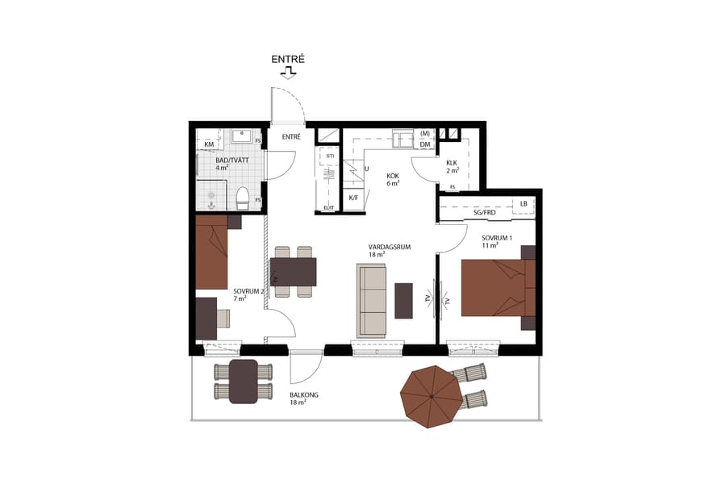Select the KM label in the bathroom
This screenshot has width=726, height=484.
tap(209, 144)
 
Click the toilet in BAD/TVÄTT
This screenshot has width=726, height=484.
tap(242, 196)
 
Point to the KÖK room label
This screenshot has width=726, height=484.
tap(393, 176)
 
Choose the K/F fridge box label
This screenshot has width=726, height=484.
tap(353, 197)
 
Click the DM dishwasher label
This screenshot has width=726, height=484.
tap(424, 144)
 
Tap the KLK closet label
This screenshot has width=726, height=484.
tap(453, 161)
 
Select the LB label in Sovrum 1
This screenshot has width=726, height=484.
tap(524, 204)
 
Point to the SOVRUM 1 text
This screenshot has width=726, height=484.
tap(497, 238)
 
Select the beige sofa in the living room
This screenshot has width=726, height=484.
tap(372, 300)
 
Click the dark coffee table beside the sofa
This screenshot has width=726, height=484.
tap(403, 299)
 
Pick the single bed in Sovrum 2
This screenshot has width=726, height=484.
tap(212, 252)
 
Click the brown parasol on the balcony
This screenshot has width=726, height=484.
tap(432, 393)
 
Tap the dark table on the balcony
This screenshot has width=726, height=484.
tap(243, 382)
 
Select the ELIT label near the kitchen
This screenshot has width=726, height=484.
tap(328, 208)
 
